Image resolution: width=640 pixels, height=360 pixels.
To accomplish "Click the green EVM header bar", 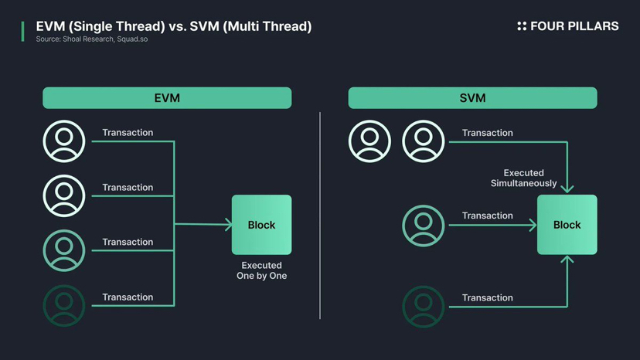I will (167, 98).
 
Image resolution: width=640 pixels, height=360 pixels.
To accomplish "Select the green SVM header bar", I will (472, 98).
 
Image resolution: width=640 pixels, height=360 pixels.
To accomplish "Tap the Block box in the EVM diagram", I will (261, 225).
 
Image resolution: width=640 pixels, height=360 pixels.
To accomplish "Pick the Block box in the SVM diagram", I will (567, 225).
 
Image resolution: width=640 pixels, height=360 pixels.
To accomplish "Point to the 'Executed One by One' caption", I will (261, 270).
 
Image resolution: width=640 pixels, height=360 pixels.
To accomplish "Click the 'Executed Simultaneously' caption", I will (524, 178).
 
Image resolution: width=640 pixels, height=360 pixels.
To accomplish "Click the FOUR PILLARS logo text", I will (574, 26).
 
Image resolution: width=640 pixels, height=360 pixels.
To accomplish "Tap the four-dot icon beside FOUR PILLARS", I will (522, 26).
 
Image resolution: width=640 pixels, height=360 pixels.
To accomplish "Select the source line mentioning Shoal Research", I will (91, 39).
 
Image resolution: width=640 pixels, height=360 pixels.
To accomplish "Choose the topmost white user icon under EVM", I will (64, 141).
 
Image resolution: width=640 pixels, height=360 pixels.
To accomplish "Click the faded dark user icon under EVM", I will (64, 306).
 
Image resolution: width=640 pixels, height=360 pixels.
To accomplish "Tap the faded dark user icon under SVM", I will (424, 307).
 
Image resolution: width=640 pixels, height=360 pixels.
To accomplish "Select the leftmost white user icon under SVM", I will (369, 141).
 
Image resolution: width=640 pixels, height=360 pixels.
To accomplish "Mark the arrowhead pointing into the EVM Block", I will (229, 225).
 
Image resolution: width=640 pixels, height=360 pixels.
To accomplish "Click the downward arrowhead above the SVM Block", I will (567, 188).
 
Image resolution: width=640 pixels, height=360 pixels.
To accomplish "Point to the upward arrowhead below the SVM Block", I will (567, 260).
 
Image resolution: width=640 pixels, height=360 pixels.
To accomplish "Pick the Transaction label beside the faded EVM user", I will (128, 297).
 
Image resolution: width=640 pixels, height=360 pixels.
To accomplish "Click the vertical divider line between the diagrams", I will (320, 216).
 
